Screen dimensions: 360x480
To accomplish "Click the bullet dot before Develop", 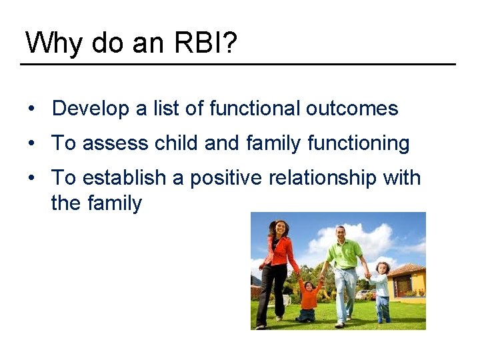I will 32,109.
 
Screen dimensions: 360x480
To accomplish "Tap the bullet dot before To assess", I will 32,143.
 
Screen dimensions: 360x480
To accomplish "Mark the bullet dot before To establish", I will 32,178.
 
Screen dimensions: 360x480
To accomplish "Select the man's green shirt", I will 345,254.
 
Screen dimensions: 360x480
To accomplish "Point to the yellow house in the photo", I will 408,280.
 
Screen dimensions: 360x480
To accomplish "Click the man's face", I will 341,234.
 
